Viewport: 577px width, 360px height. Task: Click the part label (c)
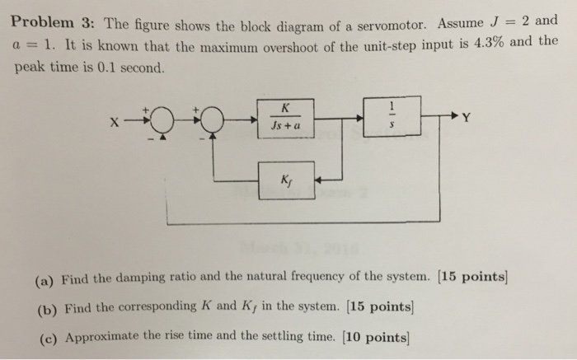pyautogui.click(x=45, y=337)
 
